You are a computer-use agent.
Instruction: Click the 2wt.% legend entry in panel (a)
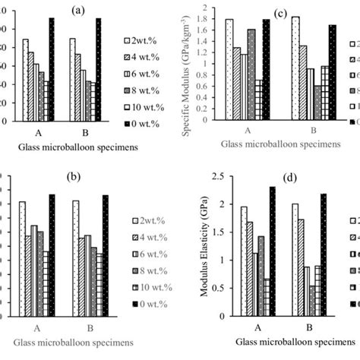coord(141,39)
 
